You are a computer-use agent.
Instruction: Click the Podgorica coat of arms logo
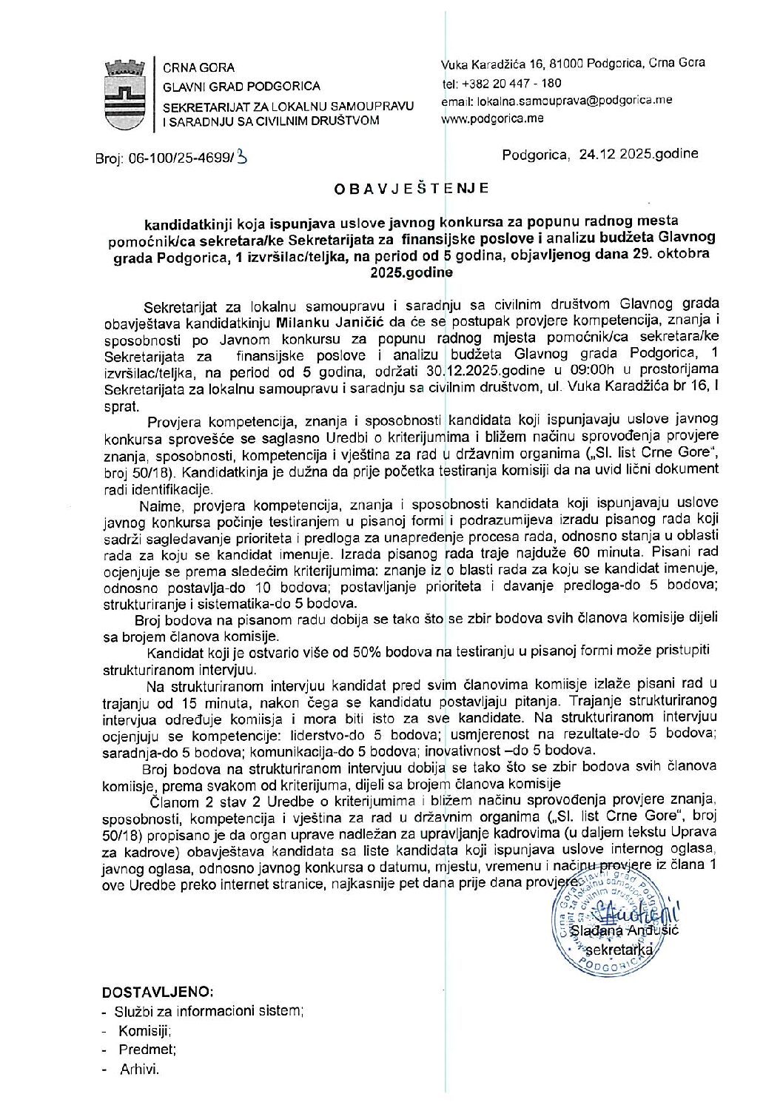[x=125, y=95]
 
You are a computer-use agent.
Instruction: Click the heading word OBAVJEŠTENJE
[x=411, y=189]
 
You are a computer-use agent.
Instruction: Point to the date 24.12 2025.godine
[x=638, y=155]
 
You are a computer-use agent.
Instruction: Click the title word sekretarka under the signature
[x=619, y=950]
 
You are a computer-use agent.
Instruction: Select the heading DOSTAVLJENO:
[x=158, y=992]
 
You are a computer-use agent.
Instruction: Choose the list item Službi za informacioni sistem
[x=209, y=1011]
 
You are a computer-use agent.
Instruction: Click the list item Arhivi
[x=139, y=1069]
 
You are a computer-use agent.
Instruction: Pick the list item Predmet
[x=147, y=1050]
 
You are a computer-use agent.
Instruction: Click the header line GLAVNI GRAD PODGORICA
[x=241, y=87]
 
